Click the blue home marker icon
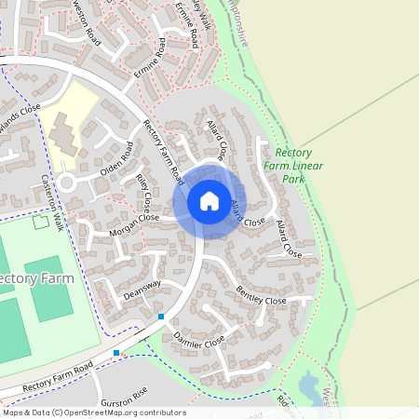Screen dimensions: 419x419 (209, 200)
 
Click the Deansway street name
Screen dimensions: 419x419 (142, 290)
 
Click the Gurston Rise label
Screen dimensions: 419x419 (124, 394)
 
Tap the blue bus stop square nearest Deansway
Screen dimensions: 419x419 (161, 318)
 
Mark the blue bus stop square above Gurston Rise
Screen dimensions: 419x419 (116, 353)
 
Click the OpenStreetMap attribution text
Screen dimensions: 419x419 (93, 412)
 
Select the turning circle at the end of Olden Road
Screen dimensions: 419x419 (66, 182)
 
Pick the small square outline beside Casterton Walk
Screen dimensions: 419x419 (39, 222)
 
